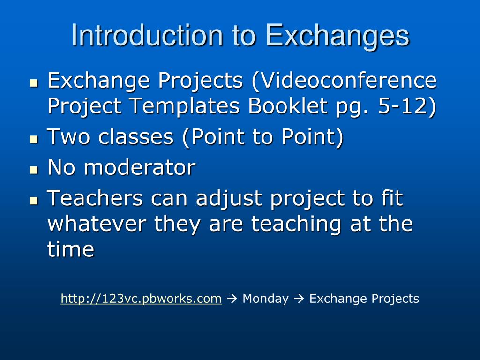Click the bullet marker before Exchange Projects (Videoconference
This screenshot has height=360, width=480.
pos(34,83)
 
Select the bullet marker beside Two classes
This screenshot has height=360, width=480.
pos(34,140)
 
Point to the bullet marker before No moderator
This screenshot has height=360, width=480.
pos(34,170)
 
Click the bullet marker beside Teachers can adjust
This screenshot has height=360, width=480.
pos(34,201)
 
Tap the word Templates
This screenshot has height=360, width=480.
pos(184,106)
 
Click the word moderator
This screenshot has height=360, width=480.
pos(140,167)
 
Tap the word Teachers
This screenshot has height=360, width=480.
pos(95,198)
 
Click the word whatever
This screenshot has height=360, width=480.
pos(97,224)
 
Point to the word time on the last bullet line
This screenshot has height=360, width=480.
pos(71,249)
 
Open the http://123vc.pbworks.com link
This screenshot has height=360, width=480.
pos(141,299)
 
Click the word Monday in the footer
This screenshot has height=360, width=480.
pos(265,299)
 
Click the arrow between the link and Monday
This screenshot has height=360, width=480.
pos(232,299)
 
